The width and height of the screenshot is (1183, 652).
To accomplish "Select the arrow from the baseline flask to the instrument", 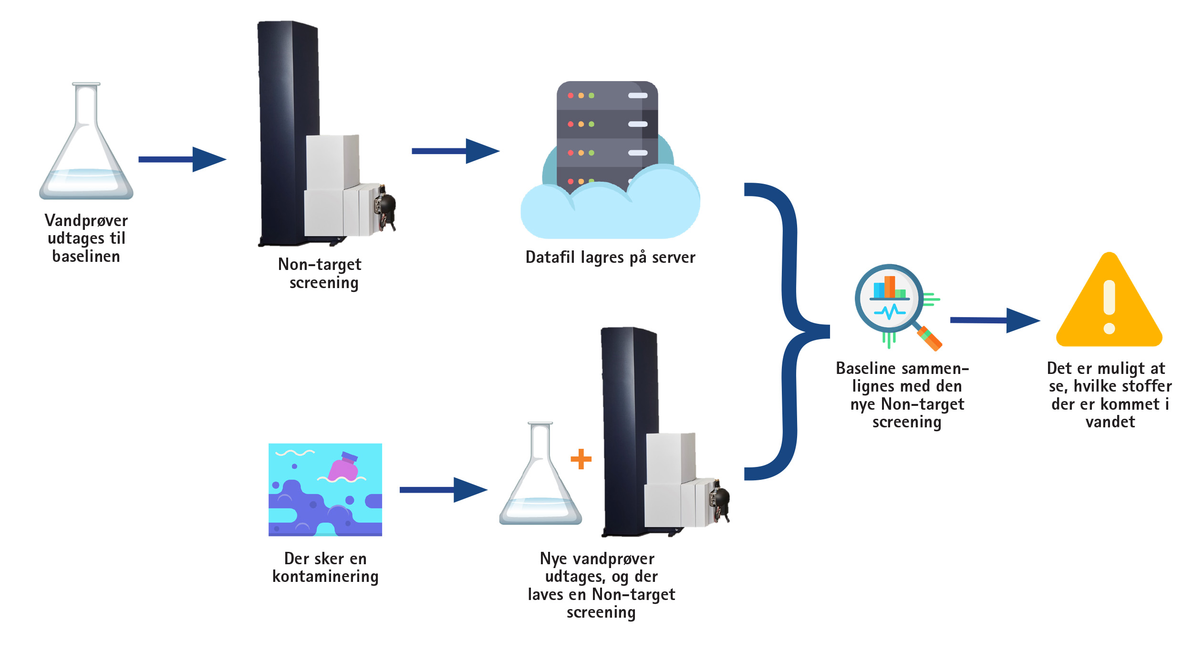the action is (182, 159).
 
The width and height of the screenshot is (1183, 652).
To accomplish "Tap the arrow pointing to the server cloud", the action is (456, 151).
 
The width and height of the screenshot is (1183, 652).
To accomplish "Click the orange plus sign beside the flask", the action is (581, 459).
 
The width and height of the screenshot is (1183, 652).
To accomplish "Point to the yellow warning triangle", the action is (1109, 305).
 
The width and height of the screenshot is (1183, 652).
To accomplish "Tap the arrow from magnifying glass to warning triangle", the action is (995, 321).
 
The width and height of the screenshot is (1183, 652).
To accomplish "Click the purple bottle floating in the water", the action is (343, 466).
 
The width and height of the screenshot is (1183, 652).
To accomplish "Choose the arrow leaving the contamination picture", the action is (444, 490).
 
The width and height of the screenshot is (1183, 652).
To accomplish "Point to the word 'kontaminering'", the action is (325, 577).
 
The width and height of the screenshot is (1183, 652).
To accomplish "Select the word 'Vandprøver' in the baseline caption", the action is (86, 221).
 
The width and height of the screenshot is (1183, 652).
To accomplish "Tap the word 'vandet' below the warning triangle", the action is (1110, 422).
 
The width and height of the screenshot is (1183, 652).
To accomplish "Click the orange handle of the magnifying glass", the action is (930, 339).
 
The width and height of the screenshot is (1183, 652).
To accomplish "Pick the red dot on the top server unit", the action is (571, 95).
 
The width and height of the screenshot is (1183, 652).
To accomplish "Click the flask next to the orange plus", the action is (540, 474).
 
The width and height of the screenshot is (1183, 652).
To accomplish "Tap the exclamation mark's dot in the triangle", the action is (1110, 329).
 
